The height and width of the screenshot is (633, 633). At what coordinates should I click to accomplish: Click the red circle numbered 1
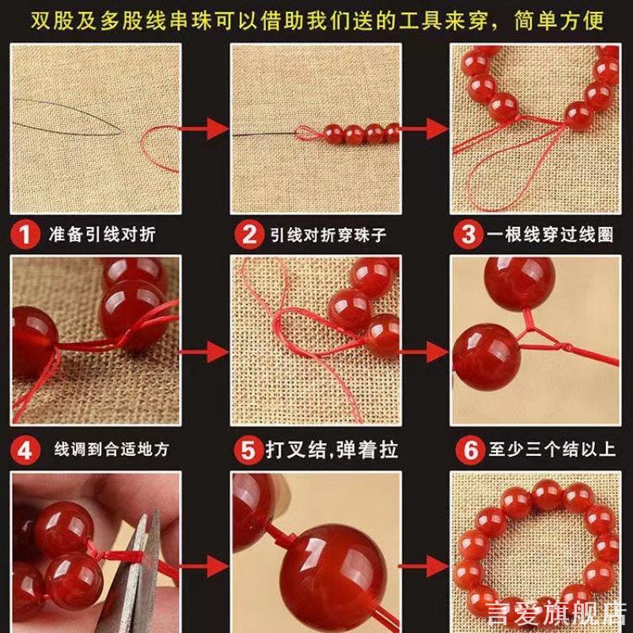(x=25, y=235)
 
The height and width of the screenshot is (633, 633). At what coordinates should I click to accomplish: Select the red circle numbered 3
(x=468, y=235)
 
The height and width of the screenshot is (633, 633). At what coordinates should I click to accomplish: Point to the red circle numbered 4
(x=25, y=450)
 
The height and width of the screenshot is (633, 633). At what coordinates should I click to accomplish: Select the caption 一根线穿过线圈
(x=549, y=235)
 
